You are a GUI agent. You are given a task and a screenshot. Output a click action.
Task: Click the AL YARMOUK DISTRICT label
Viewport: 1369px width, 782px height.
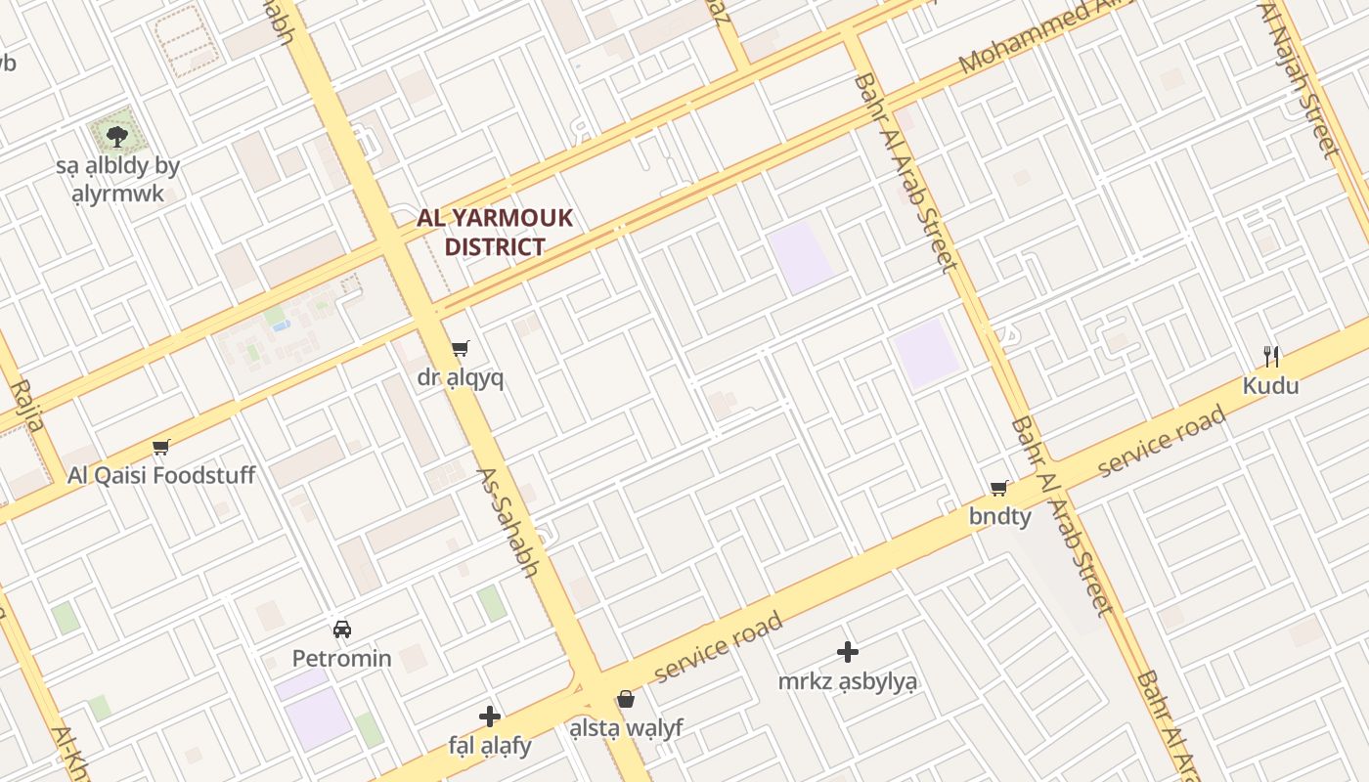point(495,232)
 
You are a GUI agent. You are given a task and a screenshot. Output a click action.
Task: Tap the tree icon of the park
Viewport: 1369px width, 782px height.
point(117,136)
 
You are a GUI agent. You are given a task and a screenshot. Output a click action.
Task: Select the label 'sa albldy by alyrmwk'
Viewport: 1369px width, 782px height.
point(117,179)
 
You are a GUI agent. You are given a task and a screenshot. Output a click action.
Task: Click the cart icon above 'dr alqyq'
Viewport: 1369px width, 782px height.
point(461,349)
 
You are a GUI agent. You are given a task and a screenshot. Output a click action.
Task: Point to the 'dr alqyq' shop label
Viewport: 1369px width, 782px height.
point(461,378)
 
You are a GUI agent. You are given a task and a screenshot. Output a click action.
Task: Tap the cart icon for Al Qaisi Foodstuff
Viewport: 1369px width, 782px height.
point(161,448)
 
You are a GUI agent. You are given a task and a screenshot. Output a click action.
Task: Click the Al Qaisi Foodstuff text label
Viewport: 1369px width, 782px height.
point(161,476)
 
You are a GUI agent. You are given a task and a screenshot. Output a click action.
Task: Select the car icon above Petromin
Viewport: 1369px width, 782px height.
point(342,630)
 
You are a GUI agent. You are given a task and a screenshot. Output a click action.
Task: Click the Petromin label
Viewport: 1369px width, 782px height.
point(342,659)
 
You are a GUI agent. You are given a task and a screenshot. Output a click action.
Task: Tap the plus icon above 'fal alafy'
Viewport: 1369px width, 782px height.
point(490,717)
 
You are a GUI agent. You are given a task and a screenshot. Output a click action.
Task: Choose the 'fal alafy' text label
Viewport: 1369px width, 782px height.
point(490,746)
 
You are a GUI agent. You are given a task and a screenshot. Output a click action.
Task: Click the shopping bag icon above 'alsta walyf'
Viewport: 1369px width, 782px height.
point(626,699)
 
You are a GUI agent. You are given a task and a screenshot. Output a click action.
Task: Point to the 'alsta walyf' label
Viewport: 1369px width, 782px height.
point(626,728)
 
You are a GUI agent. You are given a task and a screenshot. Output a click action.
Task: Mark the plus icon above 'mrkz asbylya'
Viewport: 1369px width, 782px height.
point(848,652)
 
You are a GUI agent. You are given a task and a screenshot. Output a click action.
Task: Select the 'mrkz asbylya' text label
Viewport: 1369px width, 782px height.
point(848,681)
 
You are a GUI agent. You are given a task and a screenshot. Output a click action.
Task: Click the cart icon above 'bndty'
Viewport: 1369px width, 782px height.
point(999,488)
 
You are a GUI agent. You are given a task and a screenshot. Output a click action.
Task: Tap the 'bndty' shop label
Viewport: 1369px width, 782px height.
point(999,516)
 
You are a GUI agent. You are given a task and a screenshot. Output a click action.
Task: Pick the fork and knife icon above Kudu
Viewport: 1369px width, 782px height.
point(1271,356)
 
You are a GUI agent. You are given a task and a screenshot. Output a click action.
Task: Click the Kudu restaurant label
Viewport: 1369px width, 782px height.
point(1271,386)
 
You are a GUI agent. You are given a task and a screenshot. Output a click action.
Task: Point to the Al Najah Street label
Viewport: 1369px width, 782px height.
point(1301,78)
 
